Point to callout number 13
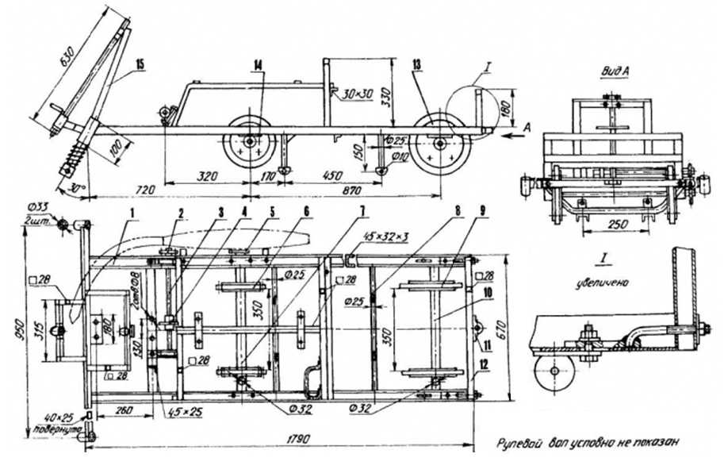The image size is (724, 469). tap(416, 63)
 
